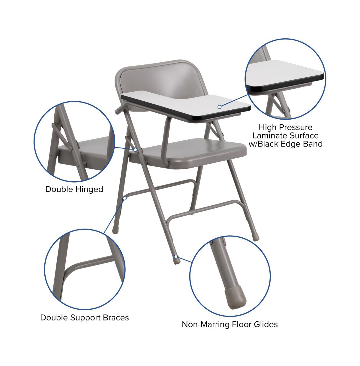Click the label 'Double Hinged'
74,189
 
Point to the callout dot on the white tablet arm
220,107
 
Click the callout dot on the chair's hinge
135,150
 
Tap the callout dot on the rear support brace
125,198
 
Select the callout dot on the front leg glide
176,257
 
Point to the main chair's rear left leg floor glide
115,230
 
